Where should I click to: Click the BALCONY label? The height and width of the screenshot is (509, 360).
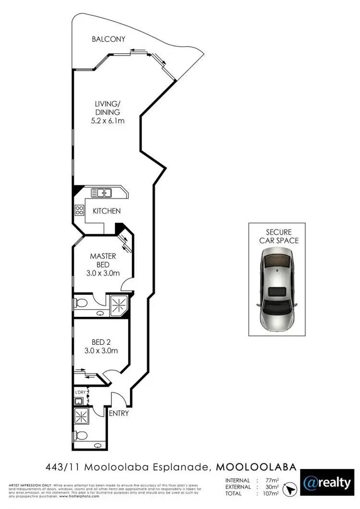tap(108, 39)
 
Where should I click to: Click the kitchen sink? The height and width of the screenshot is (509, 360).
tap(102, 193)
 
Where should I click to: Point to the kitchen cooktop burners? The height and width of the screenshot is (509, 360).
tap(79, 210)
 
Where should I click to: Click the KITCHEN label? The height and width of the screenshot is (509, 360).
tap(107, 211)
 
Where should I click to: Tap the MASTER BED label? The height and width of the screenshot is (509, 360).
tap(103, 260)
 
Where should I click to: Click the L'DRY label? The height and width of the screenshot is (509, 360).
tap(80, 392)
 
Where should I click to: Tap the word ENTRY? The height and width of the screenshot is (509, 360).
tap(119, 413)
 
